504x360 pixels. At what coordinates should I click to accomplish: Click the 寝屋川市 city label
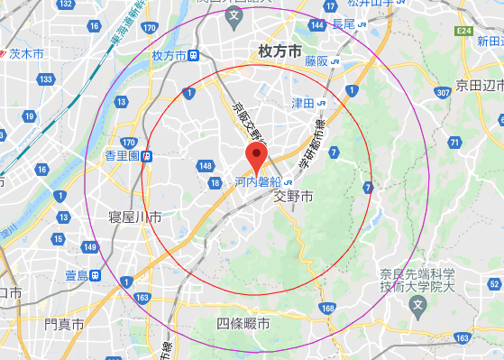(134, 217)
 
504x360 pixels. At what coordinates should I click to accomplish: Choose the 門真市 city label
(64, 322)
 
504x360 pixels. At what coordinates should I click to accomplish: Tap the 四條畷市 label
(243, 322)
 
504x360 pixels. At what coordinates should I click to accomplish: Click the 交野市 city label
(293, 196)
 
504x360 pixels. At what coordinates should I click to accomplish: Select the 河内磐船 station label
(260, 181)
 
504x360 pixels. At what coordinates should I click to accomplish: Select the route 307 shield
(442, 92)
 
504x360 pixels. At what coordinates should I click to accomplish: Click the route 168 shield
(326, 309)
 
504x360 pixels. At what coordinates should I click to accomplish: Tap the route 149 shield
(89, 246)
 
